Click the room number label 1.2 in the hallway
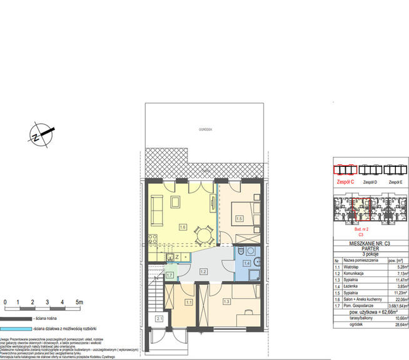click(203, 272)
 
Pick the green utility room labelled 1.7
click(169, 274)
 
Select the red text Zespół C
click(345, 182)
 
